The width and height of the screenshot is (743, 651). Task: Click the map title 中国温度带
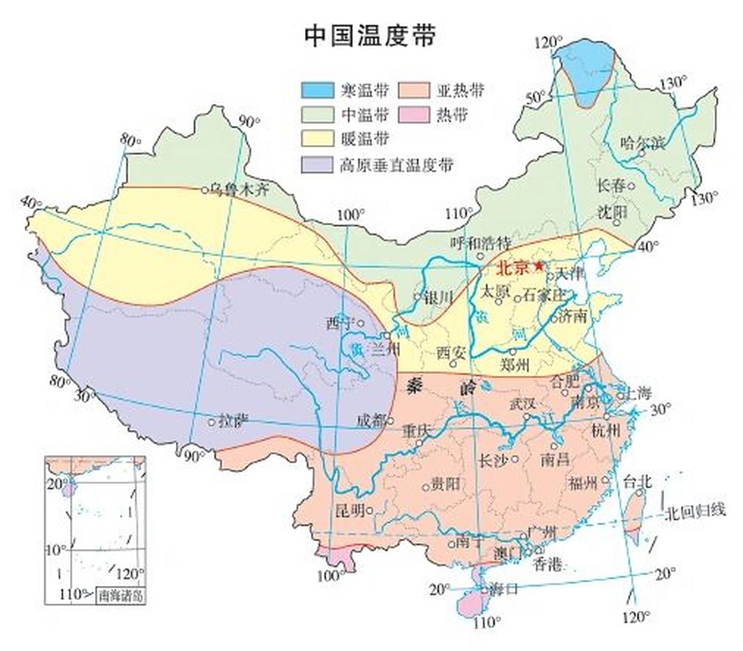click(370, 36)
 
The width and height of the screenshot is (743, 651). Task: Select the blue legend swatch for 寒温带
click(318, 90)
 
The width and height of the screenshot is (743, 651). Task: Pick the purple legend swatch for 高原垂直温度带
click(318, 165)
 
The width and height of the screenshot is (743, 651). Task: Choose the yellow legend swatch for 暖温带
click(318, 139)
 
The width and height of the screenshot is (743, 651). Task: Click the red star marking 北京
click(539, 265)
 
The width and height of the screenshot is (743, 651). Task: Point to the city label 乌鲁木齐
click(239, 190)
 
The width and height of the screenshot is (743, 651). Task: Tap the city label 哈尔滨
click(642, 143)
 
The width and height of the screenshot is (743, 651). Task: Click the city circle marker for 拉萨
click(211, 422)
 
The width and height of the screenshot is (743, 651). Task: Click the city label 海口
click(503, 589)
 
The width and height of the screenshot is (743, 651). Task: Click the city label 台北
click(637, 481)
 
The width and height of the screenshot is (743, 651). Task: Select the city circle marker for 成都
click(390, 421)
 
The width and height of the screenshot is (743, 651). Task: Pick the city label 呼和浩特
click(481, 243)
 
